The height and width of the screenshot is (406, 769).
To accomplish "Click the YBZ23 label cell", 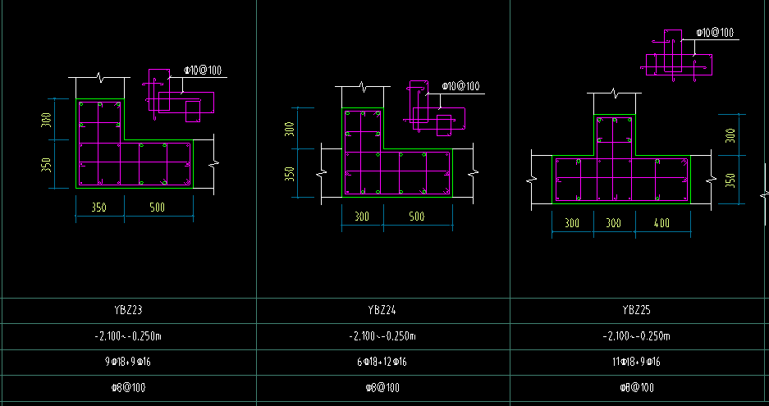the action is [x=128, y=310].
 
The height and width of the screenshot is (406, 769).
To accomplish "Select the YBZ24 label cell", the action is [x=382, y=310].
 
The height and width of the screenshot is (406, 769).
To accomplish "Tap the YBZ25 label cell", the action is [x=636, y=310].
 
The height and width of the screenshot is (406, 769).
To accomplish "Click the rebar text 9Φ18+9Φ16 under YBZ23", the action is [x=128, y=363].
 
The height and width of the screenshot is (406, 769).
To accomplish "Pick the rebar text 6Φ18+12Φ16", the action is [x=382, y=363].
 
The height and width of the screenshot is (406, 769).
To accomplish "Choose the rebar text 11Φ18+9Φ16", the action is [x=636, y=363].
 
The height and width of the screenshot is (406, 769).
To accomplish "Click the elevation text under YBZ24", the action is [x=382, y=336].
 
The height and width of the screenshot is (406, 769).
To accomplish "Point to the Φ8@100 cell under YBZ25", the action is [x=637, y=388].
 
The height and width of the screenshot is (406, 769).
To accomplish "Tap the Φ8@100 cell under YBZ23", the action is [x=128, y=388].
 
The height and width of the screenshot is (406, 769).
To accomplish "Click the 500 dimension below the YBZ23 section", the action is [x=157, y=208].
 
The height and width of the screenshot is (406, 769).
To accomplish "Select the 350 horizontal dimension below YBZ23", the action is [x=99, y=208].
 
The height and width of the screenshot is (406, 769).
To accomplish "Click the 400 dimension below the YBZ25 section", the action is [x=661, y=223].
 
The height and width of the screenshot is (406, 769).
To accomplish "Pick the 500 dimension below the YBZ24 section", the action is [x=416, y=217].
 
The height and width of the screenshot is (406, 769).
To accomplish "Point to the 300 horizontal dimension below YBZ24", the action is [x=362, y=217].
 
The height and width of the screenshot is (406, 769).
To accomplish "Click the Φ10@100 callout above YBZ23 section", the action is [x=203, y=71].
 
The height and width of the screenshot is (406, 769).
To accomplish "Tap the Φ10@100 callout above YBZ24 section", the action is [x=460, y=87].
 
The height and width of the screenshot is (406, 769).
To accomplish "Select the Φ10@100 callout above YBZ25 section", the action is [x=715, y=33].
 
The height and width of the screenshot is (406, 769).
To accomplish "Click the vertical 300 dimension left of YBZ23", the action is [x=46, y=120].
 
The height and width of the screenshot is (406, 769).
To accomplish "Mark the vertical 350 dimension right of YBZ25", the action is [x=730, y=180].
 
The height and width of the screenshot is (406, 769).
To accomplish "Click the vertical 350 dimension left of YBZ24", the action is [x=290, y=174].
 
